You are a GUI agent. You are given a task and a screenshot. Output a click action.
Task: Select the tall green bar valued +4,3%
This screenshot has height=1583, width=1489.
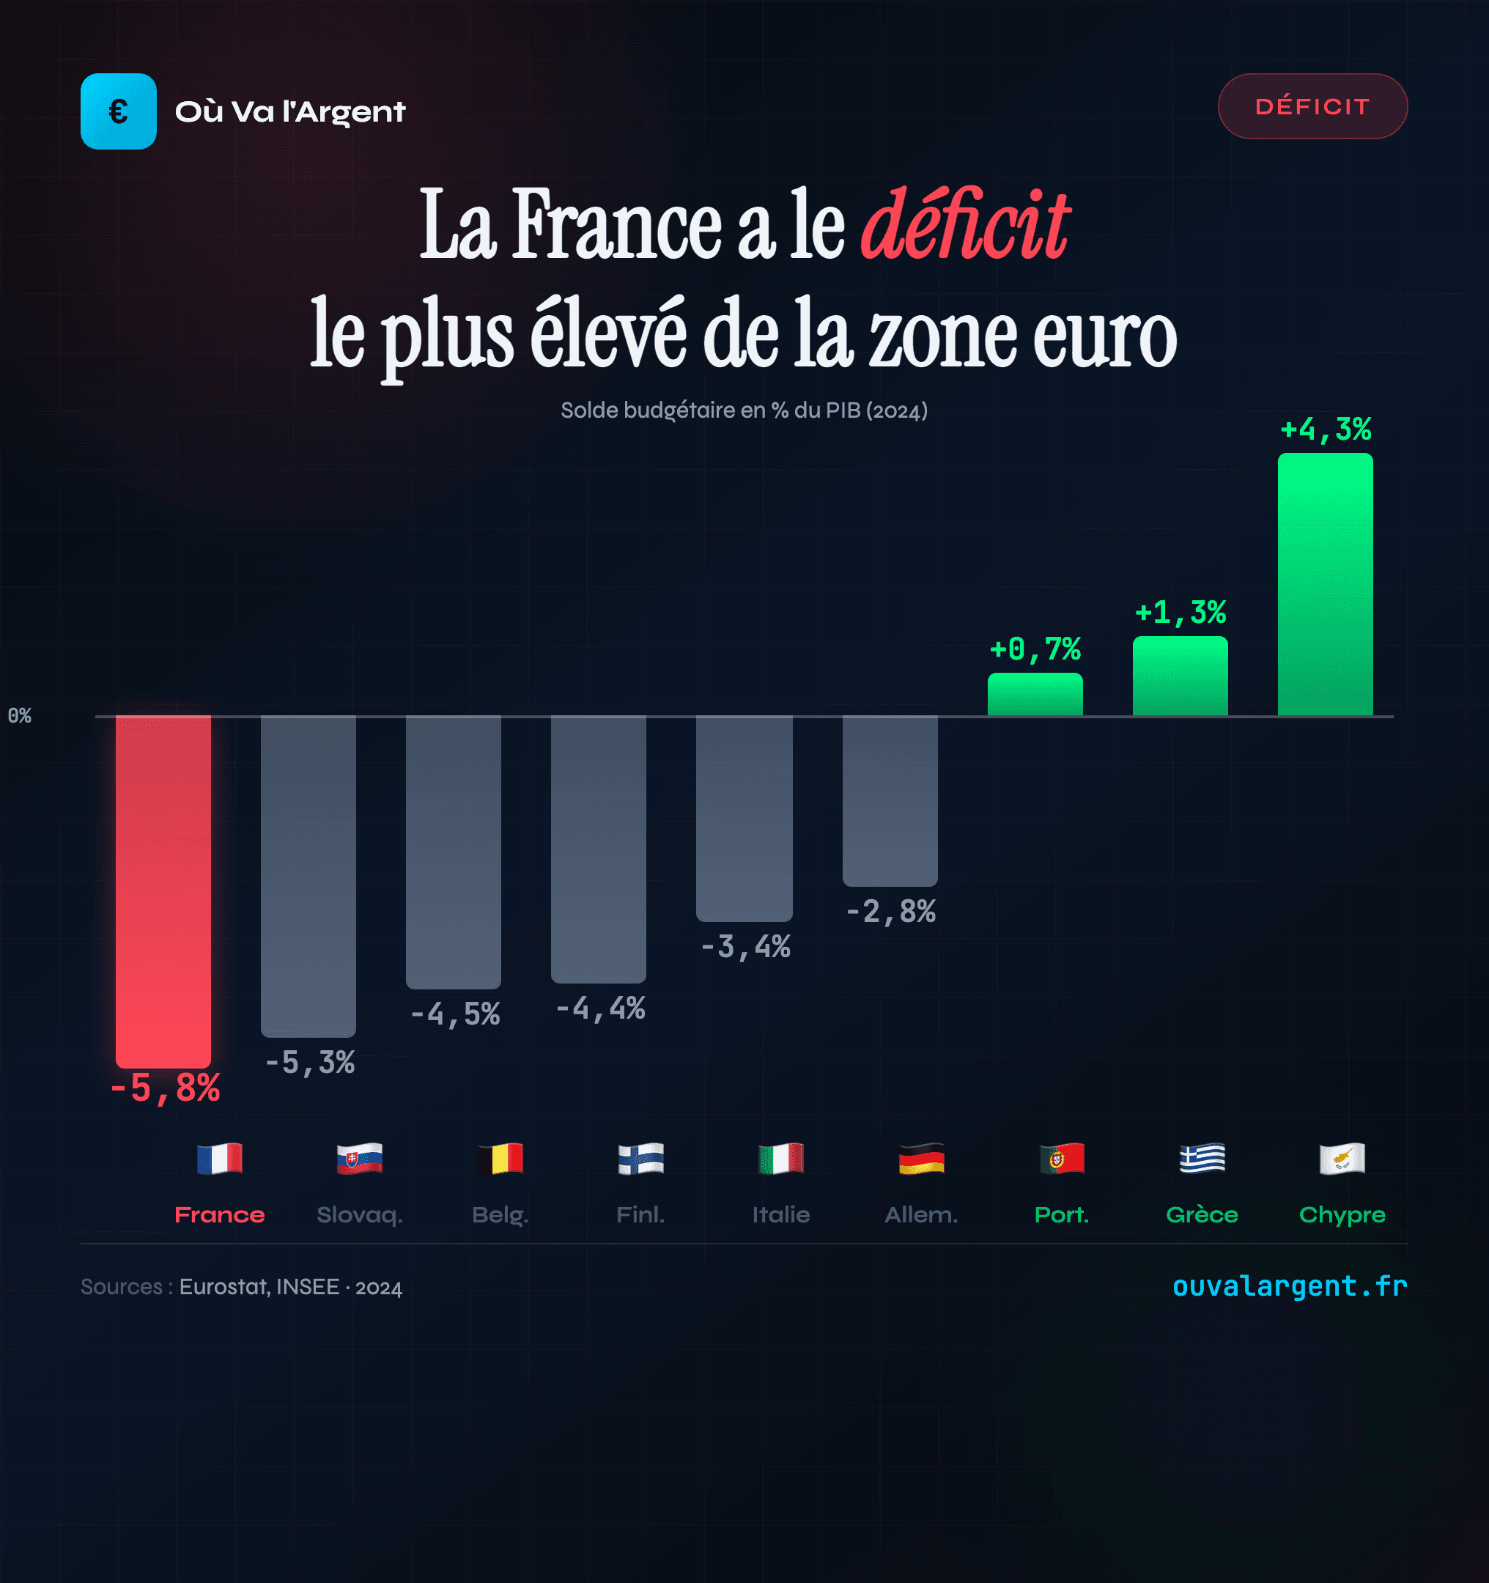pyautogui.click(x=1325, y=585)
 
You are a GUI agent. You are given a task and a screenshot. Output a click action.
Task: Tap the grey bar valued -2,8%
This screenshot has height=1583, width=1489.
pyautogui.click(x=890, y=800)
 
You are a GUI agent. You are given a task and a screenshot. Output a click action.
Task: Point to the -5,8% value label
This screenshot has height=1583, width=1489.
pyautogui.click(x=165, y=1088)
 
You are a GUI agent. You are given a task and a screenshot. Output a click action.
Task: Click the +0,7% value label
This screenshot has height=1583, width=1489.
pyautogui.click(x=1035, y=649)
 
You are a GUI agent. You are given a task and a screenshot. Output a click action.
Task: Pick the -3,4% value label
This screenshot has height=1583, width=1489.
pyautogui.click(x=745, y=947)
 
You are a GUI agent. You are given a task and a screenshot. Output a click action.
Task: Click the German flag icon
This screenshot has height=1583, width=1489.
pyautogui.click(x=921, y=1159)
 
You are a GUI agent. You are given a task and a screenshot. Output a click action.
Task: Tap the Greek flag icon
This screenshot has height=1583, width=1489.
pyautogui.click(x=1202, y=1159)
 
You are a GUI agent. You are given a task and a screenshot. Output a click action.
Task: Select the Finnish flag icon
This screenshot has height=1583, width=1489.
pyautogui.click(x=641, y=1159)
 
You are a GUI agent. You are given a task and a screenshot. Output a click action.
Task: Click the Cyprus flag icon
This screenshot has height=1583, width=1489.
pyautogui.click(x=1342, y=1159)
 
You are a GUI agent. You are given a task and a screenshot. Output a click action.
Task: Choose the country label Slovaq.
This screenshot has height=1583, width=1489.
pyautogui.click(x=360, y=1214)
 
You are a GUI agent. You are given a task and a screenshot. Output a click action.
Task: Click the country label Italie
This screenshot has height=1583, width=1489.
pyautogui.click(x=781, y=1214)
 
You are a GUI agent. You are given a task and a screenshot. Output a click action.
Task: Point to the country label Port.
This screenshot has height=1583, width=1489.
pyautogui.click(x=1061, y=1214)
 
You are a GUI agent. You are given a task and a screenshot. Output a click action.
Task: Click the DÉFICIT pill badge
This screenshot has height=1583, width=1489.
pyautogui.click(x=1312, y=106)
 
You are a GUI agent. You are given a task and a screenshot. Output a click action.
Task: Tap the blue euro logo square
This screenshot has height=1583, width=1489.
pyautogui.click(x=118, y=111)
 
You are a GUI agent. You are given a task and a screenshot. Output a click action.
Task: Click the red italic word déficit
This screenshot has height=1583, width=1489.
pyautogui.click(x=965, y=224)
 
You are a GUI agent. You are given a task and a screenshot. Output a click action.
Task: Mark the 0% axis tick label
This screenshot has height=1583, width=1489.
pyautogui.click(x=20, y=715)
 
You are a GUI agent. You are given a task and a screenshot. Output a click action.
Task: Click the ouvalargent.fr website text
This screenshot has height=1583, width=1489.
pyautogui.click(x=1289, y=1285)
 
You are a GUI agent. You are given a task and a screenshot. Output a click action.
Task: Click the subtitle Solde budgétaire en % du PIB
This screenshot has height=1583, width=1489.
pyautogui.click(x=744, y=410)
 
